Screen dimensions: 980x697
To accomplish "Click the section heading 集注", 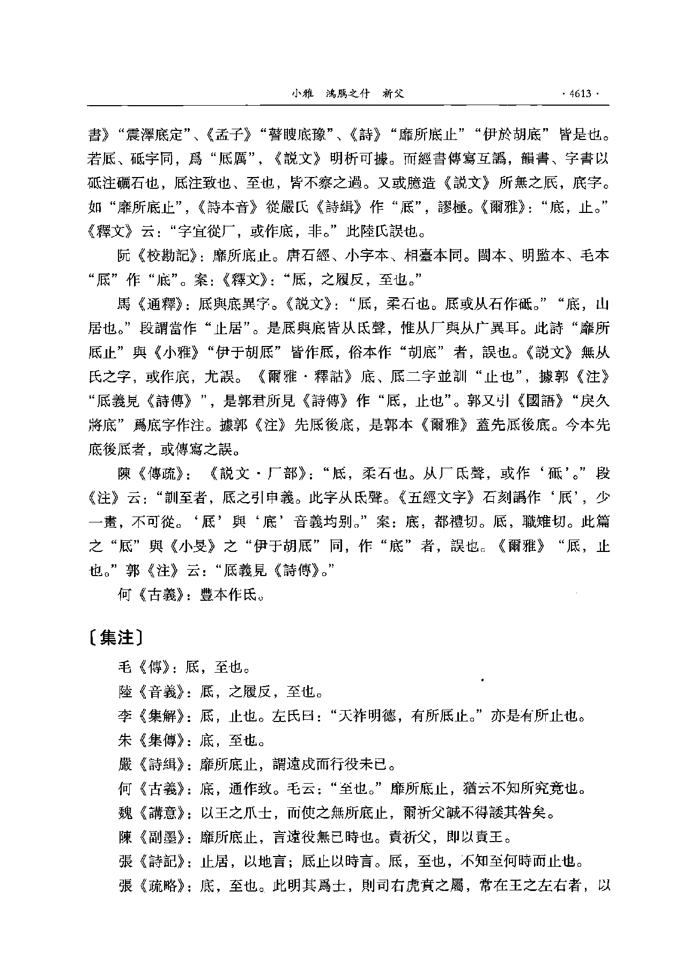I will (116, 637).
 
